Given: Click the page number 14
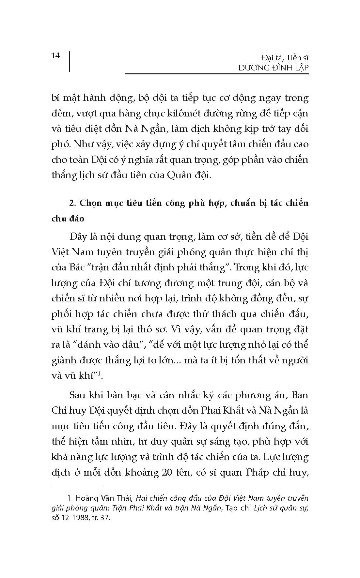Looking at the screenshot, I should tap(56, 56).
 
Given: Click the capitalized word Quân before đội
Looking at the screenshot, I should tap(181, 175).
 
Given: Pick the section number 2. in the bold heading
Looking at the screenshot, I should tap(73, 203).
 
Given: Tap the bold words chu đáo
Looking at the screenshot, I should tap(68, 219).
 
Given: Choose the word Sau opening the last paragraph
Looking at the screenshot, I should tap(79, 395).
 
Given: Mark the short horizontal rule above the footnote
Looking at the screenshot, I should tap(77, 486).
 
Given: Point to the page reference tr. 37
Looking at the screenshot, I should tap(101, 518).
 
